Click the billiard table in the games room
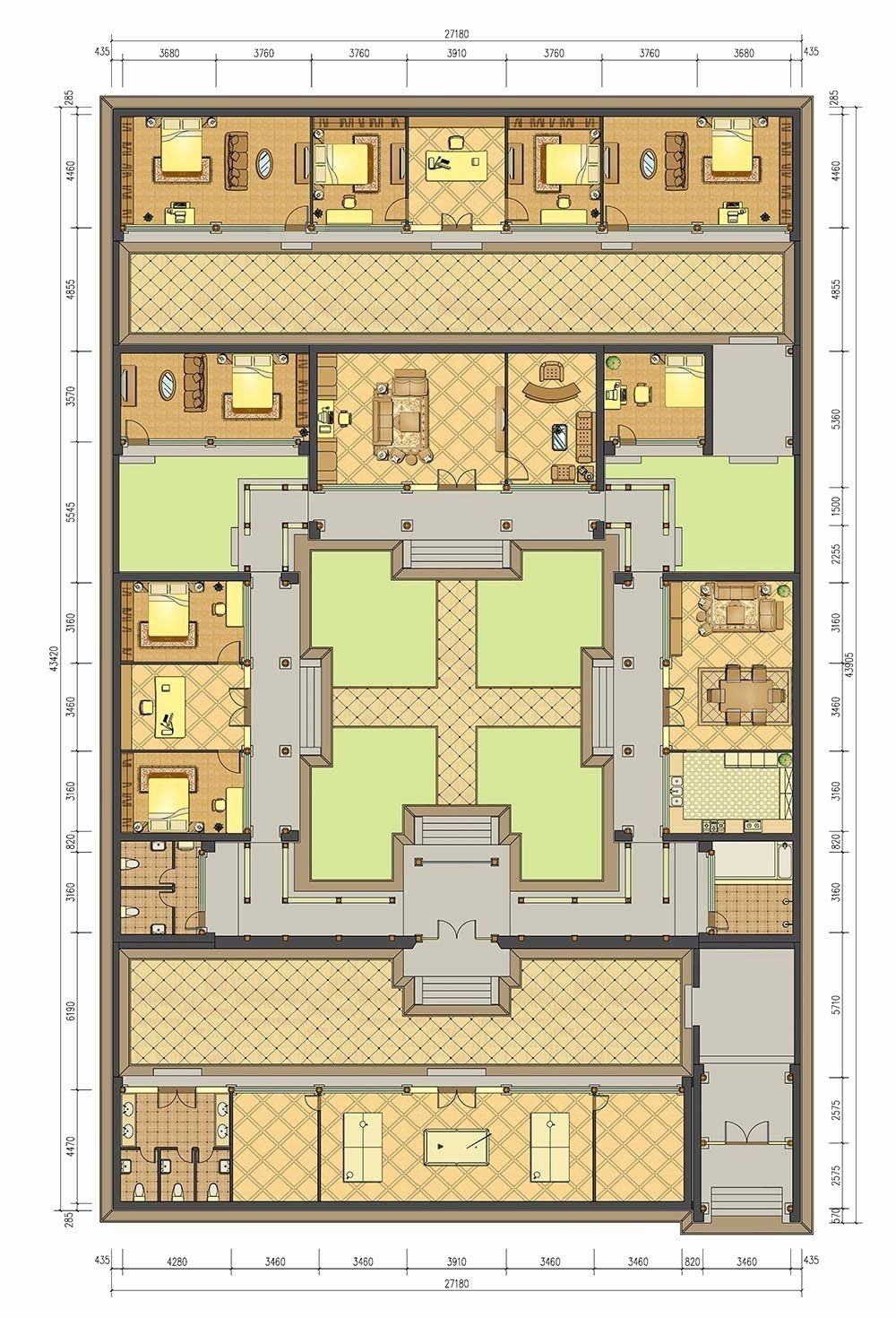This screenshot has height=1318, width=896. click(x=457, y=1147)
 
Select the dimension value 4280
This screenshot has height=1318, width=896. click(x=177, y=1262)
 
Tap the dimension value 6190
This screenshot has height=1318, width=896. click(x=71, y=1010)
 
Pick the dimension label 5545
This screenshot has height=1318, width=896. click(x=71, y=512)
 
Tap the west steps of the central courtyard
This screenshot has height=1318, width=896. click(x=313, y=707)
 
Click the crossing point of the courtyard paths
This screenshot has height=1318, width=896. click(x=456, y=707)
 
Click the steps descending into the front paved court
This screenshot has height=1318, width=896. click(x=456, y=990)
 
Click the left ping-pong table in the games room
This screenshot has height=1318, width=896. click(x=362, y=1146)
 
